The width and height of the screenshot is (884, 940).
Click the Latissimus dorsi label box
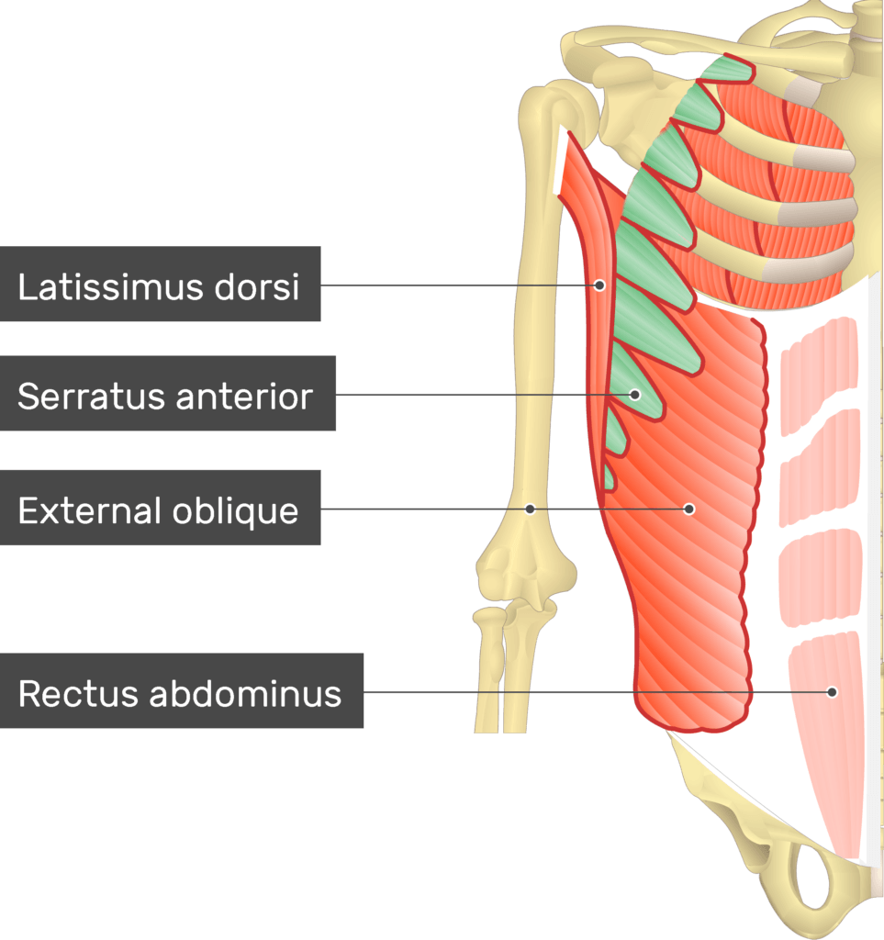[160, 284]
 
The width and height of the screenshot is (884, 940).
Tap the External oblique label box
[160, 509]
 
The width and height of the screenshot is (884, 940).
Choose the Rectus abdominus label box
[181, 691]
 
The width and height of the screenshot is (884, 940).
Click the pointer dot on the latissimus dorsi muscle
[599, 285]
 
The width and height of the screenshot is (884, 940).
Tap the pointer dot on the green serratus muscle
[634, 395]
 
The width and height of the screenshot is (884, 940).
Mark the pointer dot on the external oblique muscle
[688, 509]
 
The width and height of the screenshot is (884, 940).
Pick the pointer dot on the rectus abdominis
[832, 691]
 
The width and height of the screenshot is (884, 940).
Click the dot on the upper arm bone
[530, 509]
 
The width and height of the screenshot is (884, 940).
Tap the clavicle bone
[698, 46]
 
